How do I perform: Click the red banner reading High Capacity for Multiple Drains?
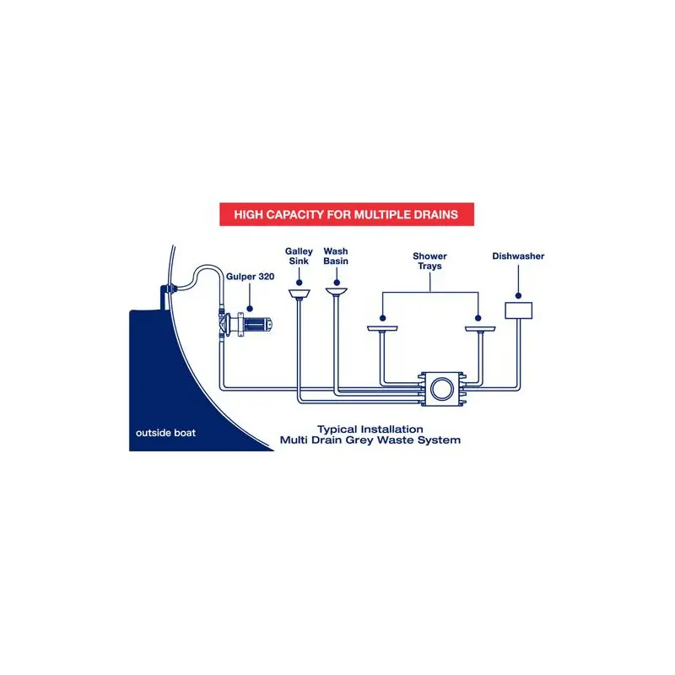pyautogui.click(x=347, y=214)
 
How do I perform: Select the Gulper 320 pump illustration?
pyautogui.click(x=246, y=323)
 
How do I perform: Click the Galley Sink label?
pyautogui.click(x=299, y=256)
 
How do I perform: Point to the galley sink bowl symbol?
pyautogui.click(x=299, y=293)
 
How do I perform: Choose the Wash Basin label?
pyautogui.click(x=336, y=256)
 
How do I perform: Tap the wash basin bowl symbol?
pyautogui.click(x=336, y=293)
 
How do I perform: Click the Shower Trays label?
pyautogui.click(x=429, y=261)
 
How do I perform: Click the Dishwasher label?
pyautogui.click(x=517, y=256)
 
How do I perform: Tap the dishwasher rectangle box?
pyautogui.click(x=518, y=310)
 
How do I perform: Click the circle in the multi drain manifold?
pyautogui.click(x=440, y=389)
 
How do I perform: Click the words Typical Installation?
pyautogui.click(x=370, y=429)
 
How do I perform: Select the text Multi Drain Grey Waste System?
pyautogui.click(x=370, y=440)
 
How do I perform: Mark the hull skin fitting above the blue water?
pyautogui.click(x=166, y=292)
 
